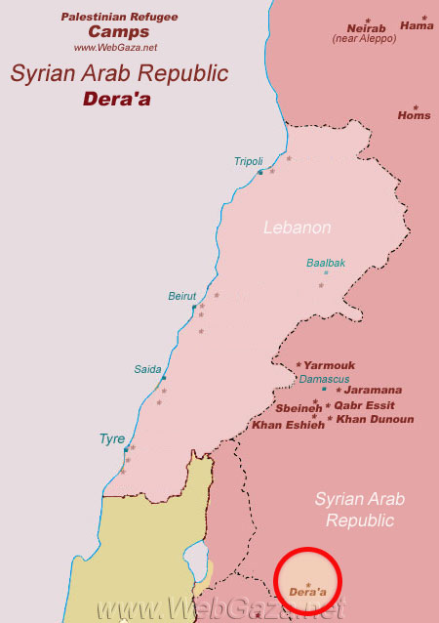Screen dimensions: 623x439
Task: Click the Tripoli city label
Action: tap(249, 161)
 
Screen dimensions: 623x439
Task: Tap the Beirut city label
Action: tap(182, 296)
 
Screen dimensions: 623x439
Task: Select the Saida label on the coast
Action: tap(147, 369)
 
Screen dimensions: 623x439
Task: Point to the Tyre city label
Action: tap(112, 439)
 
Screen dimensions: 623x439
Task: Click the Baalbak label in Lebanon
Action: tap(326, 263)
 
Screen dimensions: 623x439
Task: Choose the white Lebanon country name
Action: tap(298, 228)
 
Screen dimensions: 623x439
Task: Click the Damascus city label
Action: tap(324, 378)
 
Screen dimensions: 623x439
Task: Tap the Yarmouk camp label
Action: tap(329, 365)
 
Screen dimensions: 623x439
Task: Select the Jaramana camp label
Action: tap(374, 390)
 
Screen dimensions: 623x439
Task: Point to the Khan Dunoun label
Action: tap(375, 419)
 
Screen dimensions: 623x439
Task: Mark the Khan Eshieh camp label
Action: tap(288, 425)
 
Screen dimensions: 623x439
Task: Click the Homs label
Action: tap(414, 115)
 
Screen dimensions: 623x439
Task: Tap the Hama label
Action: tap(417, 26)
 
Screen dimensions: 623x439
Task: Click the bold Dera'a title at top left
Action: tap(118, 98)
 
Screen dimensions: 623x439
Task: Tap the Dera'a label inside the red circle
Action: tap(308, 592)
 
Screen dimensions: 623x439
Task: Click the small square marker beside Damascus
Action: tap(324, 389)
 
